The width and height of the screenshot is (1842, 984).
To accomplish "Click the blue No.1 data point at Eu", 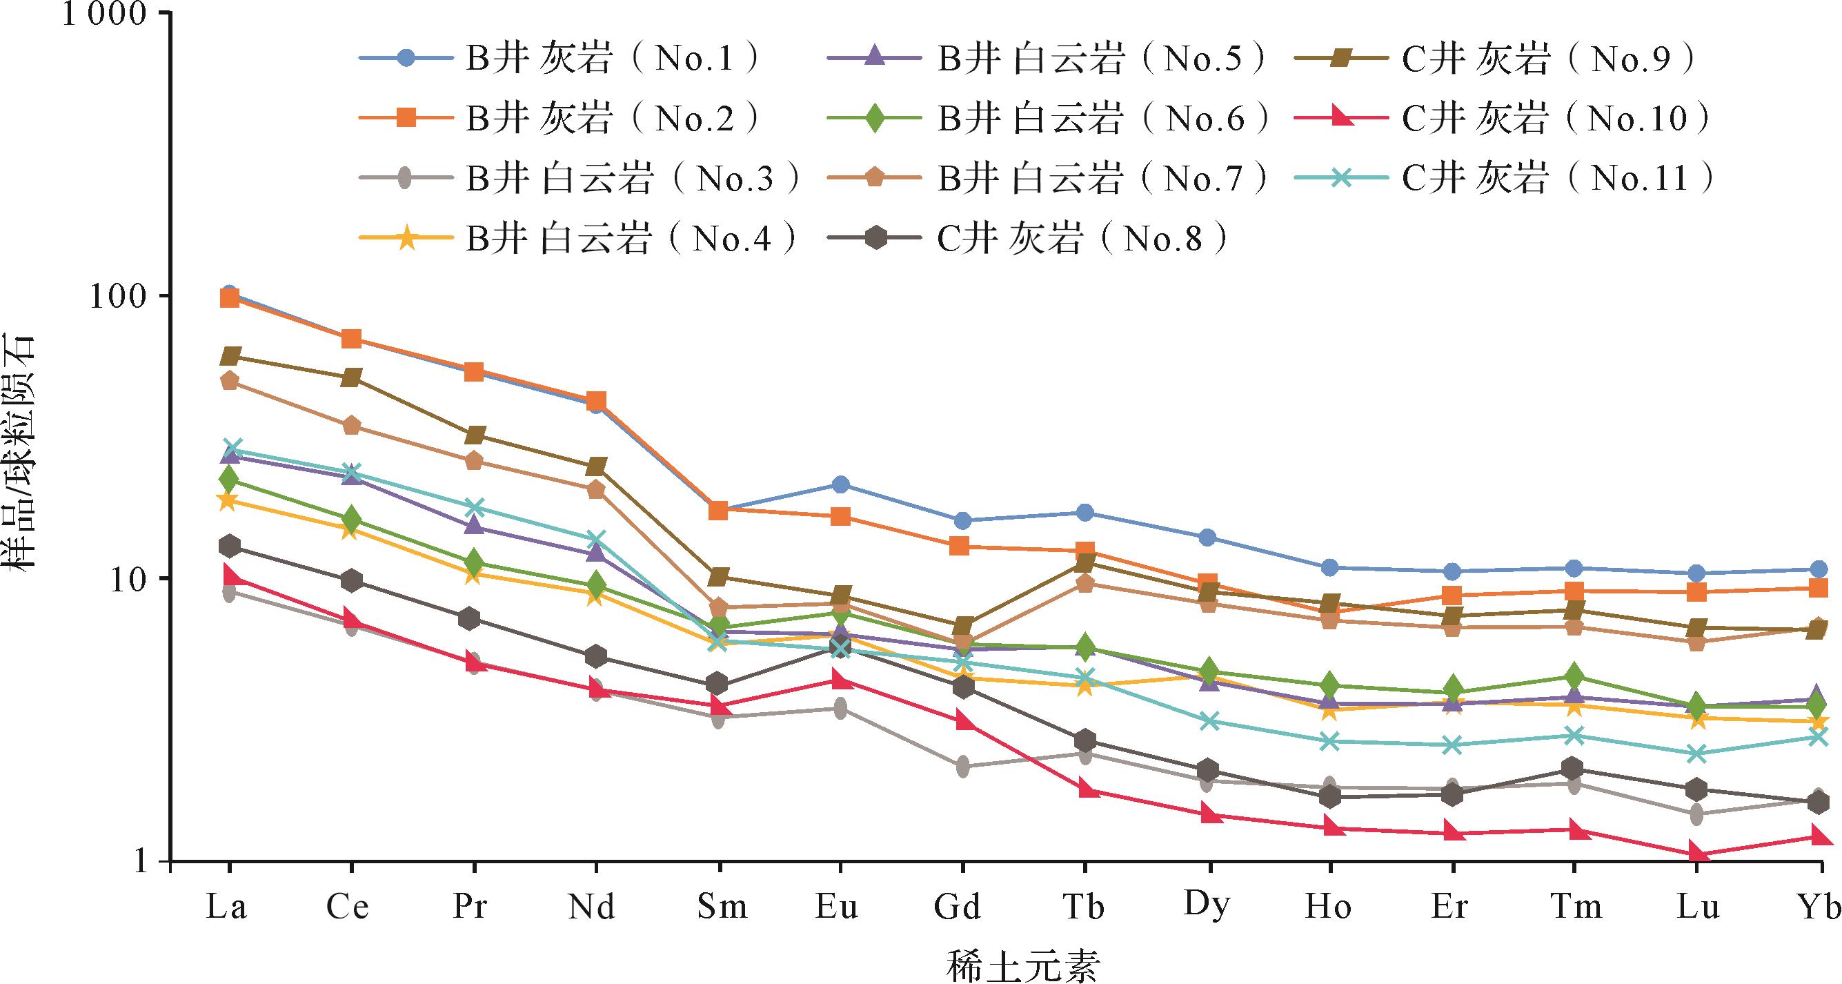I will [840, 485].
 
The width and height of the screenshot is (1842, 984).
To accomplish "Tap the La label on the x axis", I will [227, 907].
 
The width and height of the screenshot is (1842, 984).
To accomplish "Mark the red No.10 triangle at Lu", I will [1696, 854].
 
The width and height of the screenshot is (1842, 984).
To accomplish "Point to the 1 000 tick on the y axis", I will [107, 14].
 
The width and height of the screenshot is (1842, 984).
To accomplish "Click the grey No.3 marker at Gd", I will [962, 767].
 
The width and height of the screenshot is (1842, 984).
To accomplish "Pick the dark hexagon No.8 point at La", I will [230, 547].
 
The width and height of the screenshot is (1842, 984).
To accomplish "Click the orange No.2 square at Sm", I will [718, 510].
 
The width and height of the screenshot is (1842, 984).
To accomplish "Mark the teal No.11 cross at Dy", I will [1209, 721].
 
